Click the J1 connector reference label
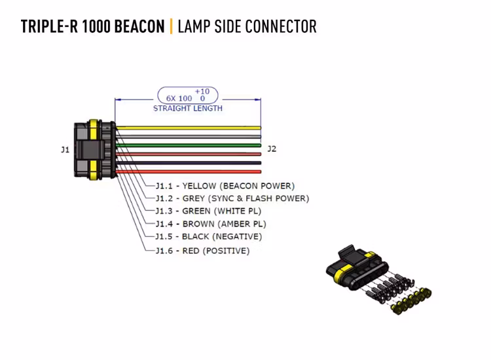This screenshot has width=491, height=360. pyautogui.click(x=65, y=150)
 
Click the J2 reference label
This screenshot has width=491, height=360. pyautogui.click(x=272, y=149)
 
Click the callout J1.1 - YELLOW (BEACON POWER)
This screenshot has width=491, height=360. pyautogui.click(x=225, y=186)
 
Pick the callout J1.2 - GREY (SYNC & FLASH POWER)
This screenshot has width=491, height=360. pyautogui.click(x=232, y=198)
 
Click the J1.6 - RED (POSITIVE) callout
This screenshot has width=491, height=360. pyautogui.click(x=202, y=250)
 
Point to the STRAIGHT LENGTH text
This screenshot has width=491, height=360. pyautogui.click(x=188, y=109)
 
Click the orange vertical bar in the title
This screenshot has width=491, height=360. pyautogui.click(x=172, y=27)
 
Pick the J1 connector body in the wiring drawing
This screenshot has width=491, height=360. pyautogui.click(x=92, y=150)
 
